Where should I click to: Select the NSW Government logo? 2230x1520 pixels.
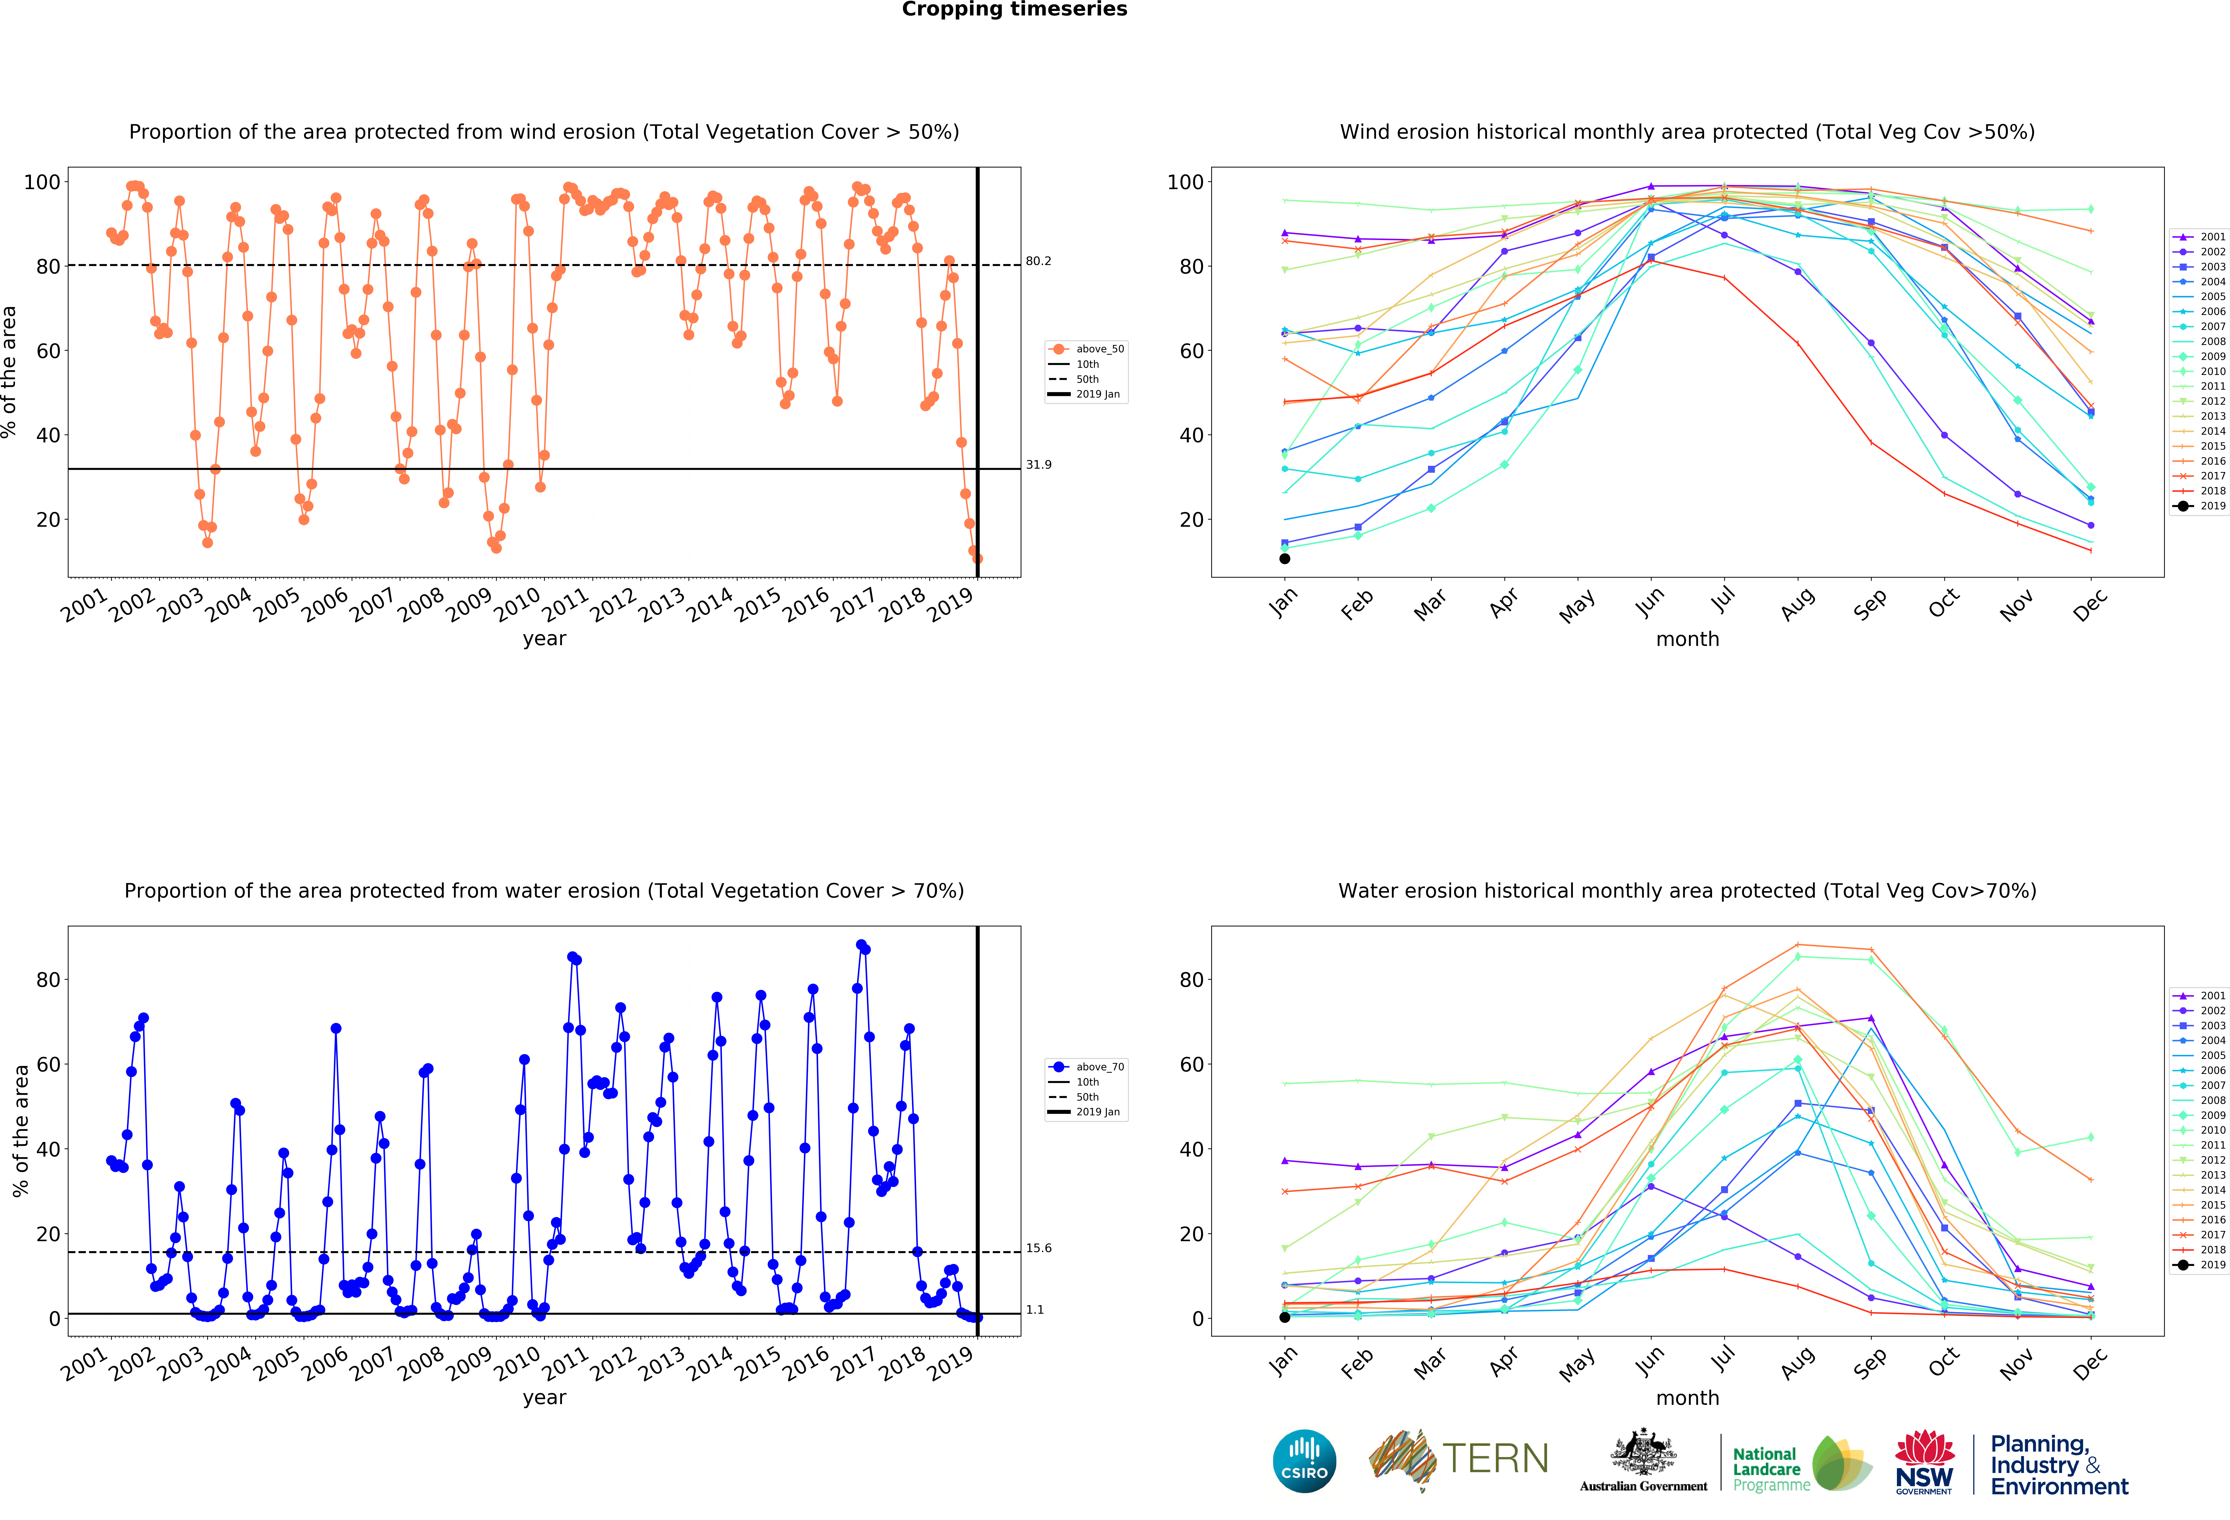coord(1924,1462)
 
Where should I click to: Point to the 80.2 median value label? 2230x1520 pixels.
coord(1038,261)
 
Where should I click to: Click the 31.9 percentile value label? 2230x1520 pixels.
coord(1038,464)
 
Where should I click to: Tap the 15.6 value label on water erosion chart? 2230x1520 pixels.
coord(1038,1249)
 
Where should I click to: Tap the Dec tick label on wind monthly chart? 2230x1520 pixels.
coord(2090,605)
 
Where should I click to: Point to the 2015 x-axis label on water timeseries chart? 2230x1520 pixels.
coord(758,1363)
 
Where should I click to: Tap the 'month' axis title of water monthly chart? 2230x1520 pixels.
coord(1687,1398)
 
